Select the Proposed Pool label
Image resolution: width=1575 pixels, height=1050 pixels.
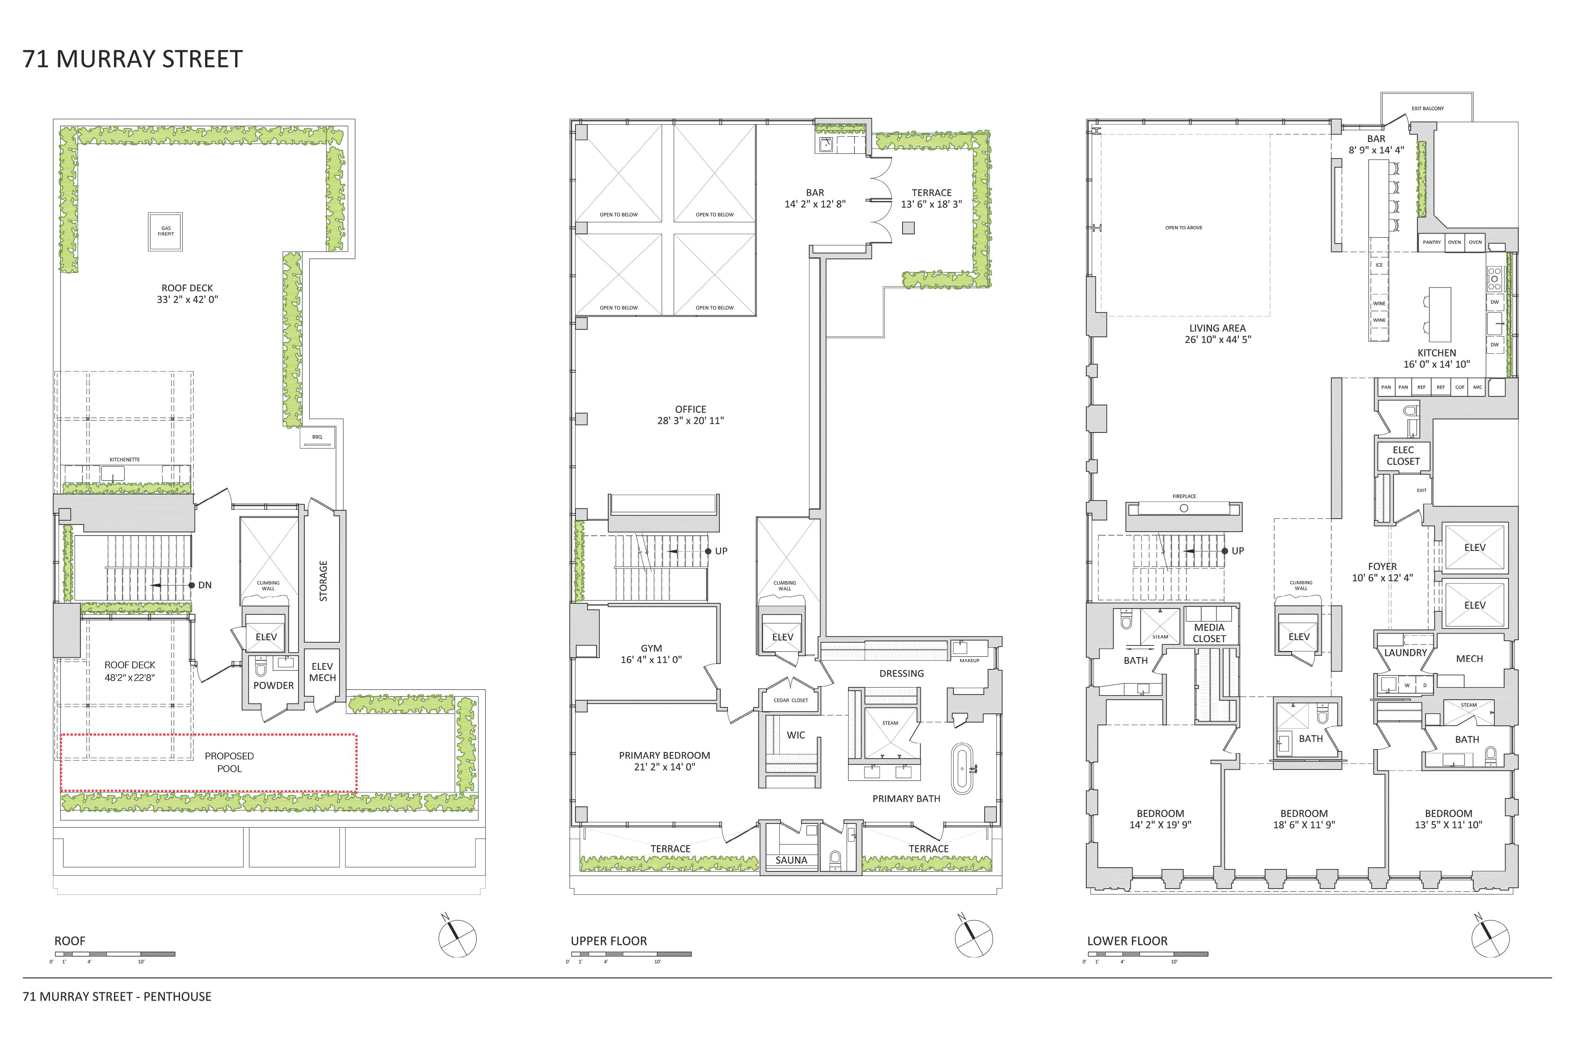229,762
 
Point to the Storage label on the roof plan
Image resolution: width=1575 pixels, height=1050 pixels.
323,581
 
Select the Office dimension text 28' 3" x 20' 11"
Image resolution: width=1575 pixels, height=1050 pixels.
691,421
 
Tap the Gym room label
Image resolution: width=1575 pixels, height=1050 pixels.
651,648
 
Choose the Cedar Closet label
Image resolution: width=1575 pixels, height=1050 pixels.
791,700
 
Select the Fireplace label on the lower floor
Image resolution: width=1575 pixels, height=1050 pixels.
1184,496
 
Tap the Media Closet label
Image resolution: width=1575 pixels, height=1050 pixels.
1209,633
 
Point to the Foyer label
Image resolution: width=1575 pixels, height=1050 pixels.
1382,566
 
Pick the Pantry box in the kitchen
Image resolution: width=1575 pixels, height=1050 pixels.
1432,242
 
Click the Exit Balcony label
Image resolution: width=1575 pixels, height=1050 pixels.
1428,108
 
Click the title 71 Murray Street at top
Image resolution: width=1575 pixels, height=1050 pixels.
132,60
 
